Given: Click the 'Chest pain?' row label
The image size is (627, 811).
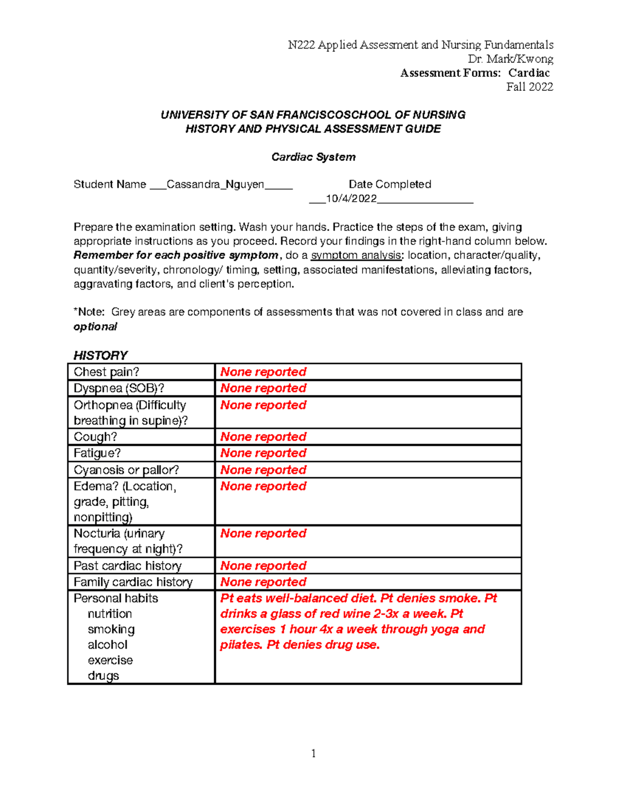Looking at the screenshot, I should pos(107,372).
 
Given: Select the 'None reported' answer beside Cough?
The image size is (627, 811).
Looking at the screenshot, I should pos(263,437).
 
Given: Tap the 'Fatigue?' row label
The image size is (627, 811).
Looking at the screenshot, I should pos(97,453).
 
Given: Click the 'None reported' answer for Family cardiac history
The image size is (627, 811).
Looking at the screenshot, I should pos(263,582).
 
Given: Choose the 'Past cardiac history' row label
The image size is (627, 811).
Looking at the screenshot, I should pos(127,566).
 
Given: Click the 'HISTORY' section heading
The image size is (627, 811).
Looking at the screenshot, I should pos(100,355).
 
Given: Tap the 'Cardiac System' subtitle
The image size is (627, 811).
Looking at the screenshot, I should pos(313,157).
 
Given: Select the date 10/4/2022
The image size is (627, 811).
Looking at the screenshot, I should pos(351,198).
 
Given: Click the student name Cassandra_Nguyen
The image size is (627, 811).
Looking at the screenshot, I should pos(215,184).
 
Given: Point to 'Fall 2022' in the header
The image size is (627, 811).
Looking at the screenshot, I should pos(529,87).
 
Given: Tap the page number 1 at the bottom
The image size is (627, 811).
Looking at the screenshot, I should pos(313,753).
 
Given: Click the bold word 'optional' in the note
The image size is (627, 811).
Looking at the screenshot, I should pos(95,326).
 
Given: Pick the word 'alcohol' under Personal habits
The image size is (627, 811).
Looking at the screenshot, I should pos(108,644).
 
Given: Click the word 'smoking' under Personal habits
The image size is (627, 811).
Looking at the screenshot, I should pos(111,629).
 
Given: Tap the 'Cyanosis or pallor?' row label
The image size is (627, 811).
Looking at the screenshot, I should pos(126,469).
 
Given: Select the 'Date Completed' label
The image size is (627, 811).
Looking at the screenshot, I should pos(390,184).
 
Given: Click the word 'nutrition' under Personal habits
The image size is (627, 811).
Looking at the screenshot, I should pos(110,614).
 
